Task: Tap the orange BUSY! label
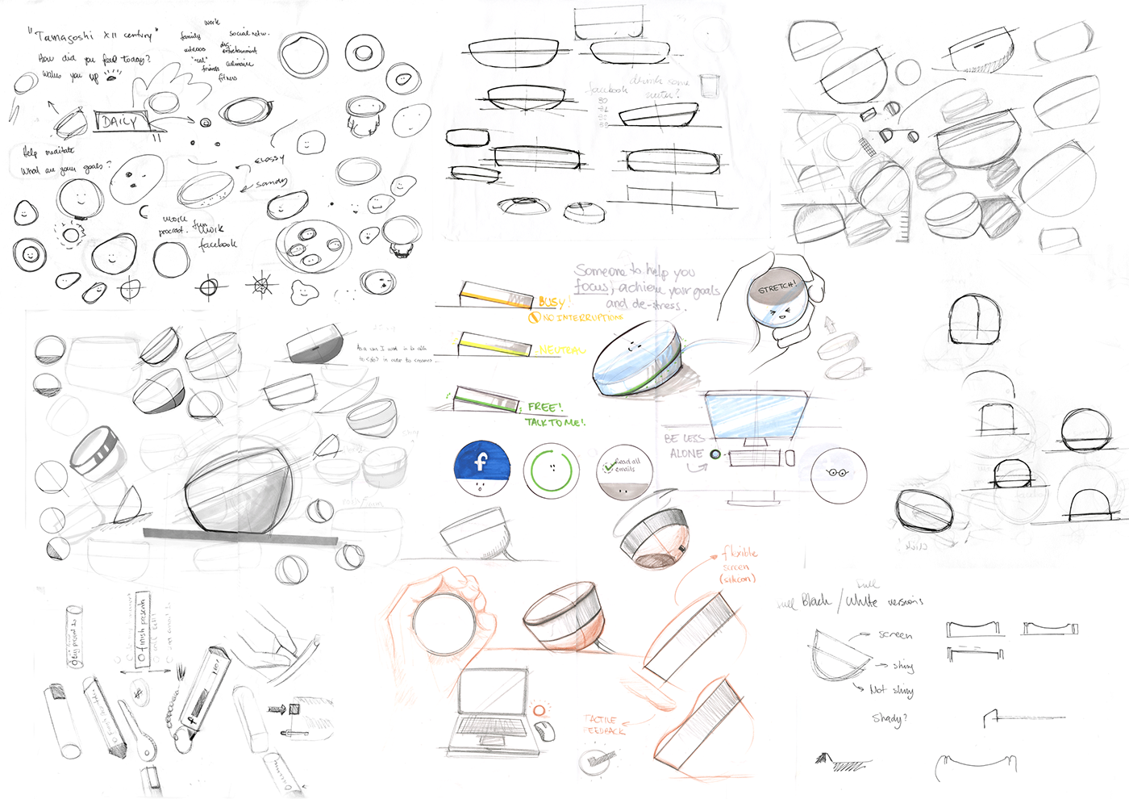[x=552, y=303]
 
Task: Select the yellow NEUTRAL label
[x=561, y=350]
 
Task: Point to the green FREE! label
[x=545, y=407]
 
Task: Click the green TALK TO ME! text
[x=555, y=422]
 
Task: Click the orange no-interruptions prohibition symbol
[x=533, y=318]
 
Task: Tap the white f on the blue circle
[x=481, y=462]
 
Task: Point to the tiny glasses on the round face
[x=838, y=473]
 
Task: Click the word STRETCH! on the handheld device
[x=777, y=287]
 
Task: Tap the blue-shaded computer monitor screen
[x=756, y=416]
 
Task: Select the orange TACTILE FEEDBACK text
[x=604, y=725]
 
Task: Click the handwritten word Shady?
[x=889, y=717]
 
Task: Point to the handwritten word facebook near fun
[x=218, y=243]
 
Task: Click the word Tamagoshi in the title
[x=65, y=36]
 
